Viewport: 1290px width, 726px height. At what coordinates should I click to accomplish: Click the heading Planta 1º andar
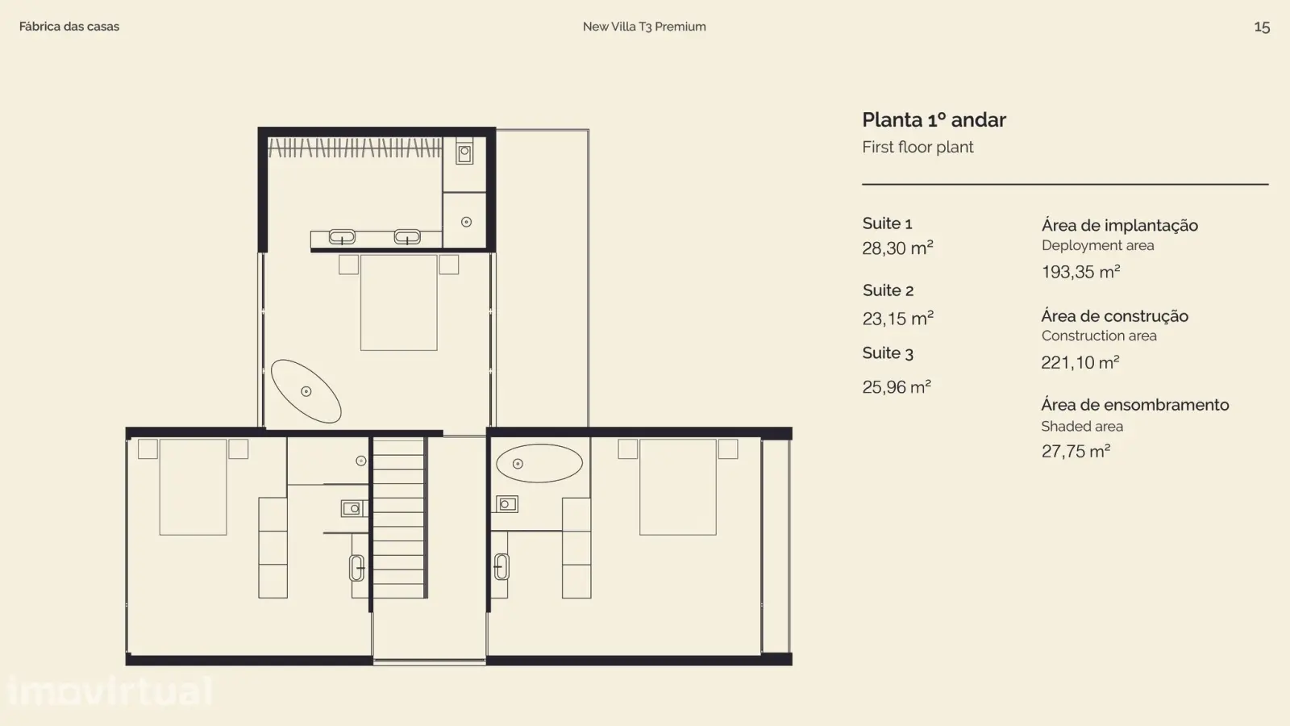[934, 120]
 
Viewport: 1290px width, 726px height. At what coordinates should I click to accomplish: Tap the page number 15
[1262, 27]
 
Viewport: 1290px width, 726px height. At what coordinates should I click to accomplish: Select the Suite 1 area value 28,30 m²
[897, 248]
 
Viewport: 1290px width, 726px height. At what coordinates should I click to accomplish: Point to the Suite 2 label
[888, 290]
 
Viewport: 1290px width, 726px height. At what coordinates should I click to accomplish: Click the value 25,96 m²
[897, 386]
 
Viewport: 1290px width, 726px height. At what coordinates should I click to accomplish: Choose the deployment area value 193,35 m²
[1080, 271]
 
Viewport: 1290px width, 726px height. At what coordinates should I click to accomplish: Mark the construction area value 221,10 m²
[1080, 362]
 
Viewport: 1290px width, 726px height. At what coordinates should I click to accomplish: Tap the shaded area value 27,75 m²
[1076, 451]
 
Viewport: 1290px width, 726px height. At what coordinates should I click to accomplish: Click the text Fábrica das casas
[69, 27]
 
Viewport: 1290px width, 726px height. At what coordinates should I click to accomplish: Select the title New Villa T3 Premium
[644, 27]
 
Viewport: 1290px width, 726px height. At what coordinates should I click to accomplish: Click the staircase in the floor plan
[398, 518]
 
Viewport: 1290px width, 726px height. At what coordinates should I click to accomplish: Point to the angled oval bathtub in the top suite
[306, 391]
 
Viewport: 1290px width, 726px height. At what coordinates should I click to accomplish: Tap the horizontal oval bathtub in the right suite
[539, 463]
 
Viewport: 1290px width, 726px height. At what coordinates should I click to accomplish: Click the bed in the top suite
[398, 303]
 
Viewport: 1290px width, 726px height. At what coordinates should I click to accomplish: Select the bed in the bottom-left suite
[193, 487]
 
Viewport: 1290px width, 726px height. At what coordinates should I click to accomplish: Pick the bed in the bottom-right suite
[678, 487]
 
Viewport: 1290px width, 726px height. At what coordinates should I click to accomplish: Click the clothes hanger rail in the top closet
[355, 148]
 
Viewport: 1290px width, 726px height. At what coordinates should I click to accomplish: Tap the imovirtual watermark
[110, 691]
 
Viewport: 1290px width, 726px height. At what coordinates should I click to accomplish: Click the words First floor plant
[918, 147]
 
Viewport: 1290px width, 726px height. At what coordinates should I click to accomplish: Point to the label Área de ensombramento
[1134, 404]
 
